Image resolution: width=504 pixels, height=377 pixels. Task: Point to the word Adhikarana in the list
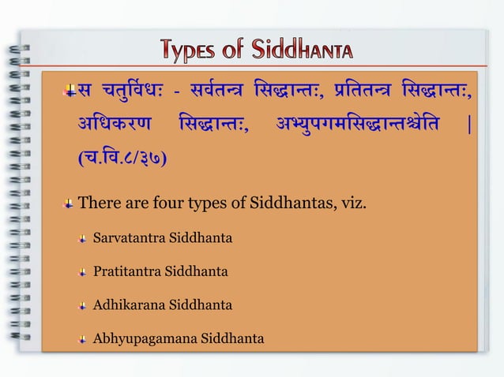tap(129, 305)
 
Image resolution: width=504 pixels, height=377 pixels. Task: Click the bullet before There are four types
tap(70, 206)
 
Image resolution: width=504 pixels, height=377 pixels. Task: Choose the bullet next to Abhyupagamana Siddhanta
tap(82, 340)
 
